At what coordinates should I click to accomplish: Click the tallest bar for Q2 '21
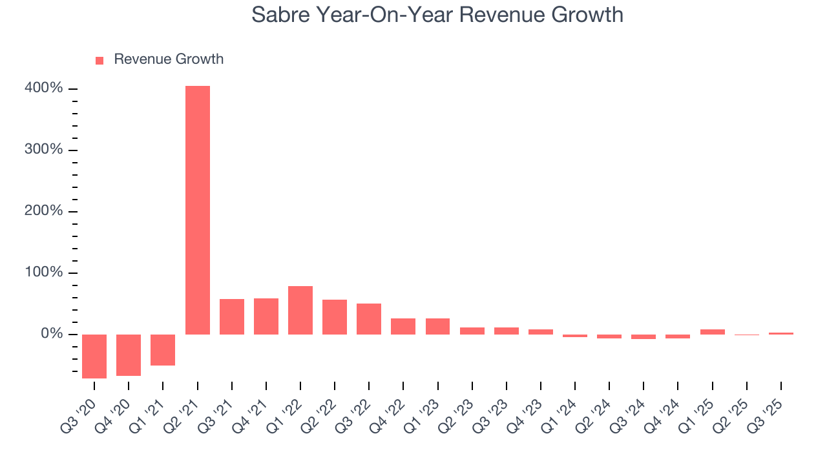coord(197,210)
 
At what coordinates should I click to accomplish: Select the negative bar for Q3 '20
coord(94,356)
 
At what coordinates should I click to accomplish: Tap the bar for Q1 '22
coord(300,310)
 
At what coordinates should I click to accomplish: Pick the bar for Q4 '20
coord(129,355)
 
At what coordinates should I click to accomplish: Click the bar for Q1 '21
coord(163,349)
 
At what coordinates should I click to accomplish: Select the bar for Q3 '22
coord(369,318)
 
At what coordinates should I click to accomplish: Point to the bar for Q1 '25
coord(712,331)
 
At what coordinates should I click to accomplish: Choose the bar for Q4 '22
coord(403,326)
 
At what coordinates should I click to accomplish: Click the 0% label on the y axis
coord(52,334)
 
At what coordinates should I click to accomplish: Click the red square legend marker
coord(99,60)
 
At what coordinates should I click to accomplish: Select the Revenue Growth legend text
coord(169,59)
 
